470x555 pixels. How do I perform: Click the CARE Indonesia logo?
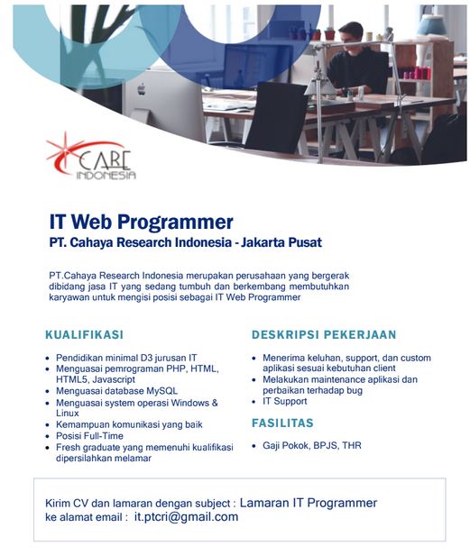click(91, 157)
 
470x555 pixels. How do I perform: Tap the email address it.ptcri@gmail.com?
click(186, 517)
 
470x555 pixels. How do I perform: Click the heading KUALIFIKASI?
click(85, 335)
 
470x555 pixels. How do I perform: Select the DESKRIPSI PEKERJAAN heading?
click(324, 335)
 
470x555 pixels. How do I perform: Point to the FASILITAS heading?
click(282, 423)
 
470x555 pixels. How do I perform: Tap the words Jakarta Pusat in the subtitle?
click(281, 242)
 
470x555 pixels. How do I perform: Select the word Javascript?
click(114, 379)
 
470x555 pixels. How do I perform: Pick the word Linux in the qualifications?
click(68, 413)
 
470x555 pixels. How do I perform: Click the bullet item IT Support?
click(285, 402)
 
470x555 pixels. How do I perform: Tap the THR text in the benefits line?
click(352, 446)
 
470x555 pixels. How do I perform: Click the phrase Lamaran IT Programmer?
click(309, 503)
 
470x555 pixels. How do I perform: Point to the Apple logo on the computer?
click(142, 89)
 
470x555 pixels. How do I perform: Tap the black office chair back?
click(276, 117)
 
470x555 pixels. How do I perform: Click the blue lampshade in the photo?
click(431, 25)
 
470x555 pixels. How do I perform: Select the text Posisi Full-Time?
click(89, 436)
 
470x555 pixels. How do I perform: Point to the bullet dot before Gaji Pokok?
click(253, 446)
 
